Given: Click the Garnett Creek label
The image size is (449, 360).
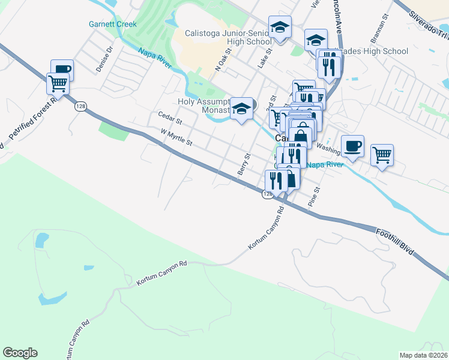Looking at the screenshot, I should coord(113,25).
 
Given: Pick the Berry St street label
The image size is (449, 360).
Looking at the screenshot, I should coord(244,164).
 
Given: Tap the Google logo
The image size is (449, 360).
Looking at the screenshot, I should coord(20,353).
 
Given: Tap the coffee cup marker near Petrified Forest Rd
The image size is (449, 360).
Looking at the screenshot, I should coord(62,70).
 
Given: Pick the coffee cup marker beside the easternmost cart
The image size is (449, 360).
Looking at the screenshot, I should coord(352,146).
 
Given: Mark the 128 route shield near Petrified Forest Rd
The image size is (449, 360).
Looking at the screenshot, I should coord(79,106).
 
